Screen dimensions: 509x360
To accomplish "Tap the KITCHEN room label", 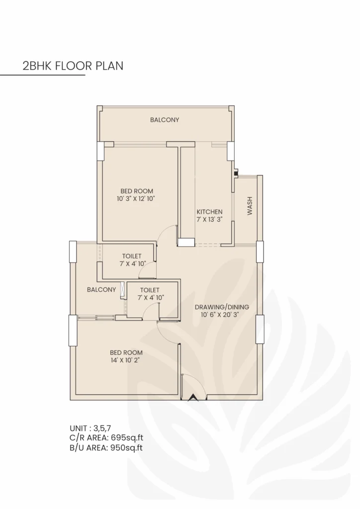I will coord(209,211).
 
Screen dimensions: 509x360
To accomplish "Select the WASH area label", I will coord(250,205).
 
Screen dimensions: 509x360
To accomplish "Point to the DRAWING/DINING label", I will coord(221,307).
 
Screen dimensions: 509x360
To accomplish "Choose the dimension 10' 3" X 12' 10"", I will coord(137,199).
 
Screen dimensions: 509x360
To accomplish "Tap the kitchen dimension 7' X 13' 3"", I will coord(209,219).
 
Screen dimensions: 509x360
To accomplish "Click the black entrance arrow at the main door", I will coord(192,397).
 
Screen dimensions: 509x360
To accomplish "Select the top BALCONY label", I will coord(165,120).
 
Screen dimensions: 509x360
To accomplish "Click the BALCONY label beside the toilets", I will coord(101,289).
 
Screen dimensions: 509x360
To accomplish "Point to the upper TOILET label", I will coord(132,256).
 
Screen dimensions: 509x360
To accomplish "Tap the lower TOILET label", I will coord(150,289).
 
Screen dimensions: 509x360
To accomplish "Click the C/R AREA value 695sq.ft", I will coord(126,437).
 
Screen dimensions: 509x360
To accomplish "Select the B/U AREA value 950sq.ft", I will coord(126,447).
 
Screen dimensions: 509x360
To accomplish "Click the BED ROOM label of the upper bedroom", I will coord(137,191).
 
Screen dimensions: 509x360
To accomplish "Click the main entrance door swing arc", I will coord(197,383).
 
